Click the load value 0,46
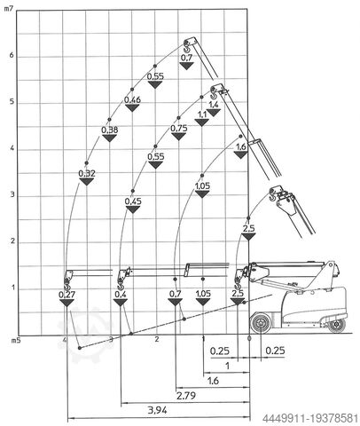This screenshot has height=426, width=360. (132, 100)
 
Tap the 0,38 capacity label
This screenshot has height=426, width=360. (110, 130)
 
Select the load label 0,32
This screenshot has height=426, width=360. (87, 173)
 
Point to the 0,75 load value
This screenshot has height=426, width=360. (179, 129)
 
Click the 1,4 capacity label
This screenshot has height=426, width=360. (214, 105)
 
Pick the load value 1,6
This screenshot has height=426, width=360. (241, 146)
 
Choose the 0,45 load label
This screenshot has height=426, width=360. (133, 201)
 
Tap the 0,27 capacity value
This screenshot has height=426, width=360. (67, 295)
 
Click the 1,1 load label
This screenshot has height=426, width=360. (202, 114)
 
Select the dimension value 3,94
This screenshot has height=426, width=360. (157, 410)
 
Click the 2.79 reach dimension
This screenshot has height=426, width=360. (186, 395)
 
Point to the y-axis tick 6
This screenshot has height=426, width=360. (12, 56)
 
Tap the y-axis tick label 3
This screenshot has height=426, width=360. (12, 195)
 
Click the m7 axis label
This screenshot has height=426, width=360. (8, 9)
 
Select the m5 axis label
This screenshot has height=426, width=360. (16, 340)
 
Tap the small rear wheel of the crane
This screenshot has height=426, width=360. (337, 325)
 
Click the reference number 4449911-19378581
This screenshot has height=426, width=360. (310, 419)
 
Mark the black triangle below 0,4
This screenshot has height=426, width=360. (121, 303)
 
